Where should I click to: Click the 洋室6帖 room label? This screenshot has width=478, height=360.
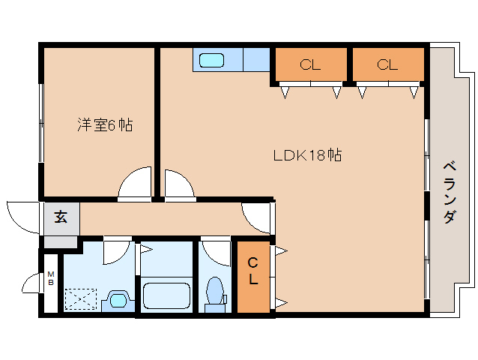105,125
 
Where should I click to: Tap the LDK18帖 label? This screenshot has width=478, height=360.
307,156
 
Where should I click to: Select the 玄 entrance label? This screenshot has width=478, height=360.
61,218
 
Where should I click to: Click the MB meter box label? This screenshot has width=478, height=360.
51,278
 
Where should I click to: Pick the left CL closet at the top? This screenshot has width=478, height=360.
310,65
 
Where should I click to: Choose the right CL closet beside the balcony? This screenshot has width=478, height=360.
387,65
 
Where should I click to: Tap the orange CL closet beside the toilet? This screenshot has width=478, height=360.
253,272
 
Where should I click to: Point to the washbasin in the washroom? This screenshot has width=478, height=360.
118,300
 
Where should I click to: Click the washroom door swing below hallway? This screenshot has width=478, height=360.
115,250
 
